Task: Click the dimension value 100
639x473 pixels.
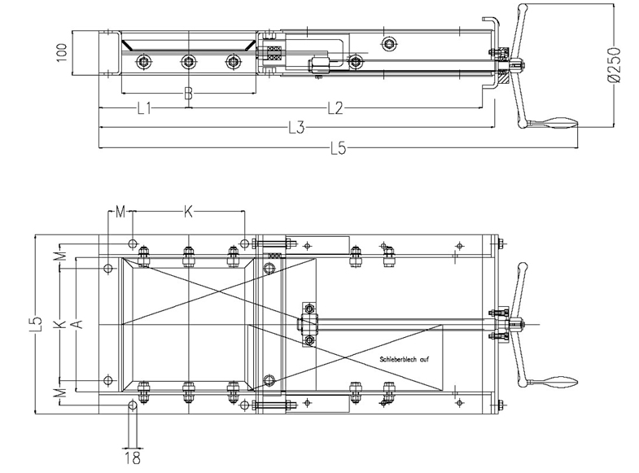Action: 62,53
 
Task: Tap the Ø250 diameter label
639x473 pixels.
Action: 613,65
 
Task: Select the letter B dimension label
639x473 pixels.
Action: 188,94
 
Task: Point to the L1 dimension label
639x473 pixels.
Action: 144,108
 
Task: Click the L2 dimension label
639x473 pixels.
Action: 335,108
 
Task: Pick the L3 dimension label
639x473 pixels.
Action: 296,128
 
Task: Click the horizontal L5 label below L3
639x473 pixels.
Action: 339,148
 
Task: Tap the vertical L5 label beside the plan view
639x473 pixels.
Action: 37,324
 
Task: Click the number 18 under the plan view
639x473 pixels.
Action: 133,458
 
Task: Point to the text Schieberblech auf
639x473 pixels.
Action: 404,359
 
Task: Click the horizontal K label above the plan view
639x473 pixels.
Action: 188,212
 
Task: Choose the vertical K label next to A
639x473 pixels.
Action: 60,324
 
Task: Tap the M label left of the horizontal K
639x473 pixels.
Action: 120,212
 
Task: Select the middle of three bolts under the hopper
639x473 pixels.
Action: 187,62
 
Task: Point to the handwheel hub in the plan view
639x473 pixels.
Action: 516,324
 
